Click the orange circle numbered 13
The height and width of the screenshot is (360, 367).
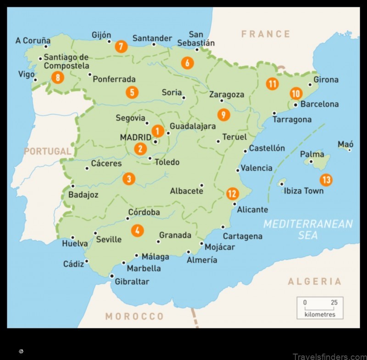(x=326, y=180)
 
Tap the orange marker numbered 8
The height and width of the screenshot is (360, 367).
(x=58, y=78)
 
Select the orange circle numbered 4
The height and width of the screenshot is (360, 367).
(x=137, y=231)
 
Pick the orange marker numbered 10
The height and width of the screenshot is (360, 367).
(x=296, y=94)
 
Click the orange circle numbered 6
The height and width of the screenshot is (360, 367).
(x=187, y=63)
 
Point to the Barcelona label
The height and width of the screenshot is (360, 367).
(x=319, y=104)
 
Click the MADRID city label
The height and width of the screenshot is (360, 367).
(x=135, y=137)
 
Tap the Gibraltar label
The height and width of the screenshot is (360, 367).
(x=132, y=281)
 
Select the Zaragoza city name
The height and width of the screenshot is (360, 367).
(x=227, y=95)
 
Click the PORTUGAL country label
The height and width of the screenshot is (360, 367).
(x=48, y=151)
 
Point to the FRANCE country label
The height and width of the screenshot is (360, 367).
(x=266, y=34)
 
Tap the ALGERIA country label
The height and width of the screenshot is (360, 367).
(x=314, y=281)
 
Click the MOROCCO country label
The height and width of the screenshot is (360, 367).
(x=134, y=316)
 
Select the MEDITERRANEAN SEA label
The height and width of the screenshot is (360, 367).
(x=308, y=229)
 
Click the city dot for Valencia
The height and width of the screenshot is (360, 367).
(x=238, y=170)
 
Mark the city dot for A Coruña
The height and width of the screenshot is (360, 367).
(x=46, y=46)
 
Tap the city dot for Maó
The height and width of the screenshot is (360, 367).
(x=350, y=150)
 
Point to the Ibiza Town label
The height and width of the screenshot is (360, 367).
(x=303, y=191)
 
